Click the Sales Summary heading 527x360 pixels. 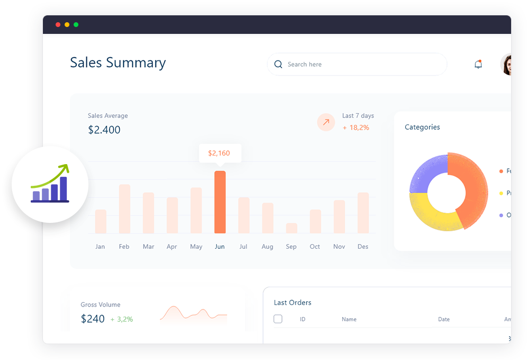tap(118, 62)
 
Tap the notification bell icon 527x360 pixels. tap(478, 65)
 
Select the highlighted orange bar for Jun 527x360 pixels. tap(220, 202)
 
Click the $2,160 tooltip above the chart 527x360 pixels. tap(219, 153)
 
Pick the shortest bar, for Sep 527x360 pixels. tap(291, 228)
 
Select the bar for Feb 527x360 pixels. tap(124, 209)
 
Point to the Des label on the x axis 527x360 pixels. tap(363, 247)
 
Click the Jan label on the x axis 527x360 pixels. tap(100, 247)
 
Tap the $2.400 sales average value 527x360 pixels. tap(104, 130)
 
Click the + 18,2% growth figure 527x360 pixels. tap(356, 128)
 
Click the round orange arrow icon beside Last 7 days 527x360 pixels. tap(326, 122)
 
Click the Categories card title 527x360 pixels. tap(422, 127)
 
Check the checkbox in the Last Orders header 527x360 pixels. tap(278, 319)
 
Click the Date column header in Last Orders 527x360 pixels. tap(444, 319)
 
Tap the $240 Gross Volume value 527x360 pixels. tap(93, 319)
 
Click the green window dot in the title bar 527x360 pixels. tap(76, 24)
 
